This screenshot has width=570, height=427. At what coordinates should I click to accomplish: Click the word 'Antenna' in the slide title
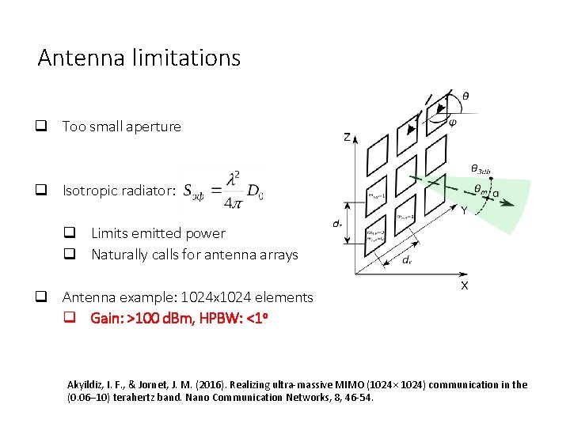tap(72, 59)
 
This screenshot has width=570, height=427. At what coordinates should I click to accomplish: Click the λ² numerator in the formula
tap(234, 179)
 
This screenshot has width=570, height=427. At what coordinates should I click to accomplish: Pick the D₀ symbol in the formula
tap(256, 191)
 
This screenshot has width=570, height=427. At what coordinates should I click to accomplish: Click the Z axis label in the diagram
tap(348, 137)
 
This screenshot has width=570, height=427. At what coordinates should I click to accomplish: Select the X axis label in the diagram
tap(464, 285)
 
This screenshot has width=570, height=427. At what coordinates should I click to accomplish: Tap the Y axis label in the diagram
tap(464, 210)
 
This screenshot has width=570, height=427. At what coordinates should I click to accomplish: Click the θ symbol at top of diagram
tap(465, 96)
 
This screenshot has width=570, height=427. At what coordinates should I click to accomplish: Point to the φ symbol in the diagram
tap(452, 121)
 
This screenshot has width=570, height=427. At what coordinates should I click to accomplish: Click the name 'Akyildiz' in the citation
tap(86, 385)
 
